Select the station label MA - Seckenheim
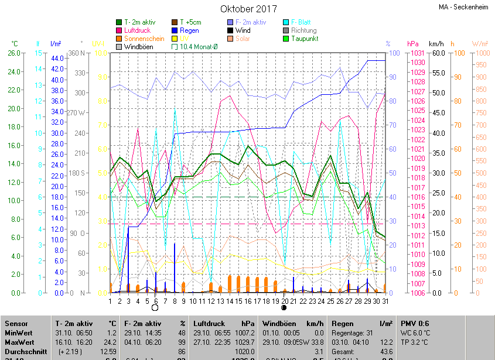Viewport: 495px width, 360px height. tap(463, 7)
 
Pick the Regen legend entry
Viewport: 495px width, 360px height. tap(189, 30)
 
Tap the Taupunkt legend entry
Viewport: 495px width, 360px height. tap(304, 39)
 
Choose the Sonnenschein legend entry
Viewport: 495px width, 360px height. tap(144, 39)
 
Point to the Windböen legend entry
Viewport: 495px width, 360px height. tap(138, 47)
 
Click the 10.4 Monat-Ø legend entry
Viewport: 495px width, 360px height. tap(202, 47)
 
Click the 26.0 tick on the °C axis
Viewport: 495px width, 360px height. tap(13, 53)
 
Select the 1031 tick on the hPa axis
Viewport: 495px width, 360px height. tap(417, 53)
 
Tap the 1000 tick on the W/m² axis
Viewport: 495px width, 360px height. tap(480, 53)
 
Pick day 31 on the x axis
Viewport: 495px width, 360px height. tap(384, 301)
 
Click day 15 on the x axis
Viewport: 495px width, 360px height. tap(238, 301)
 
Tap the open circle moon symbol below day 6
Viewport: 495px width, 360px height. tap(155, 307)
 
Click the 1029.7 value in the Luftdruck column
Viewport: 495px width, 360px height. tap(244, 342)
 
